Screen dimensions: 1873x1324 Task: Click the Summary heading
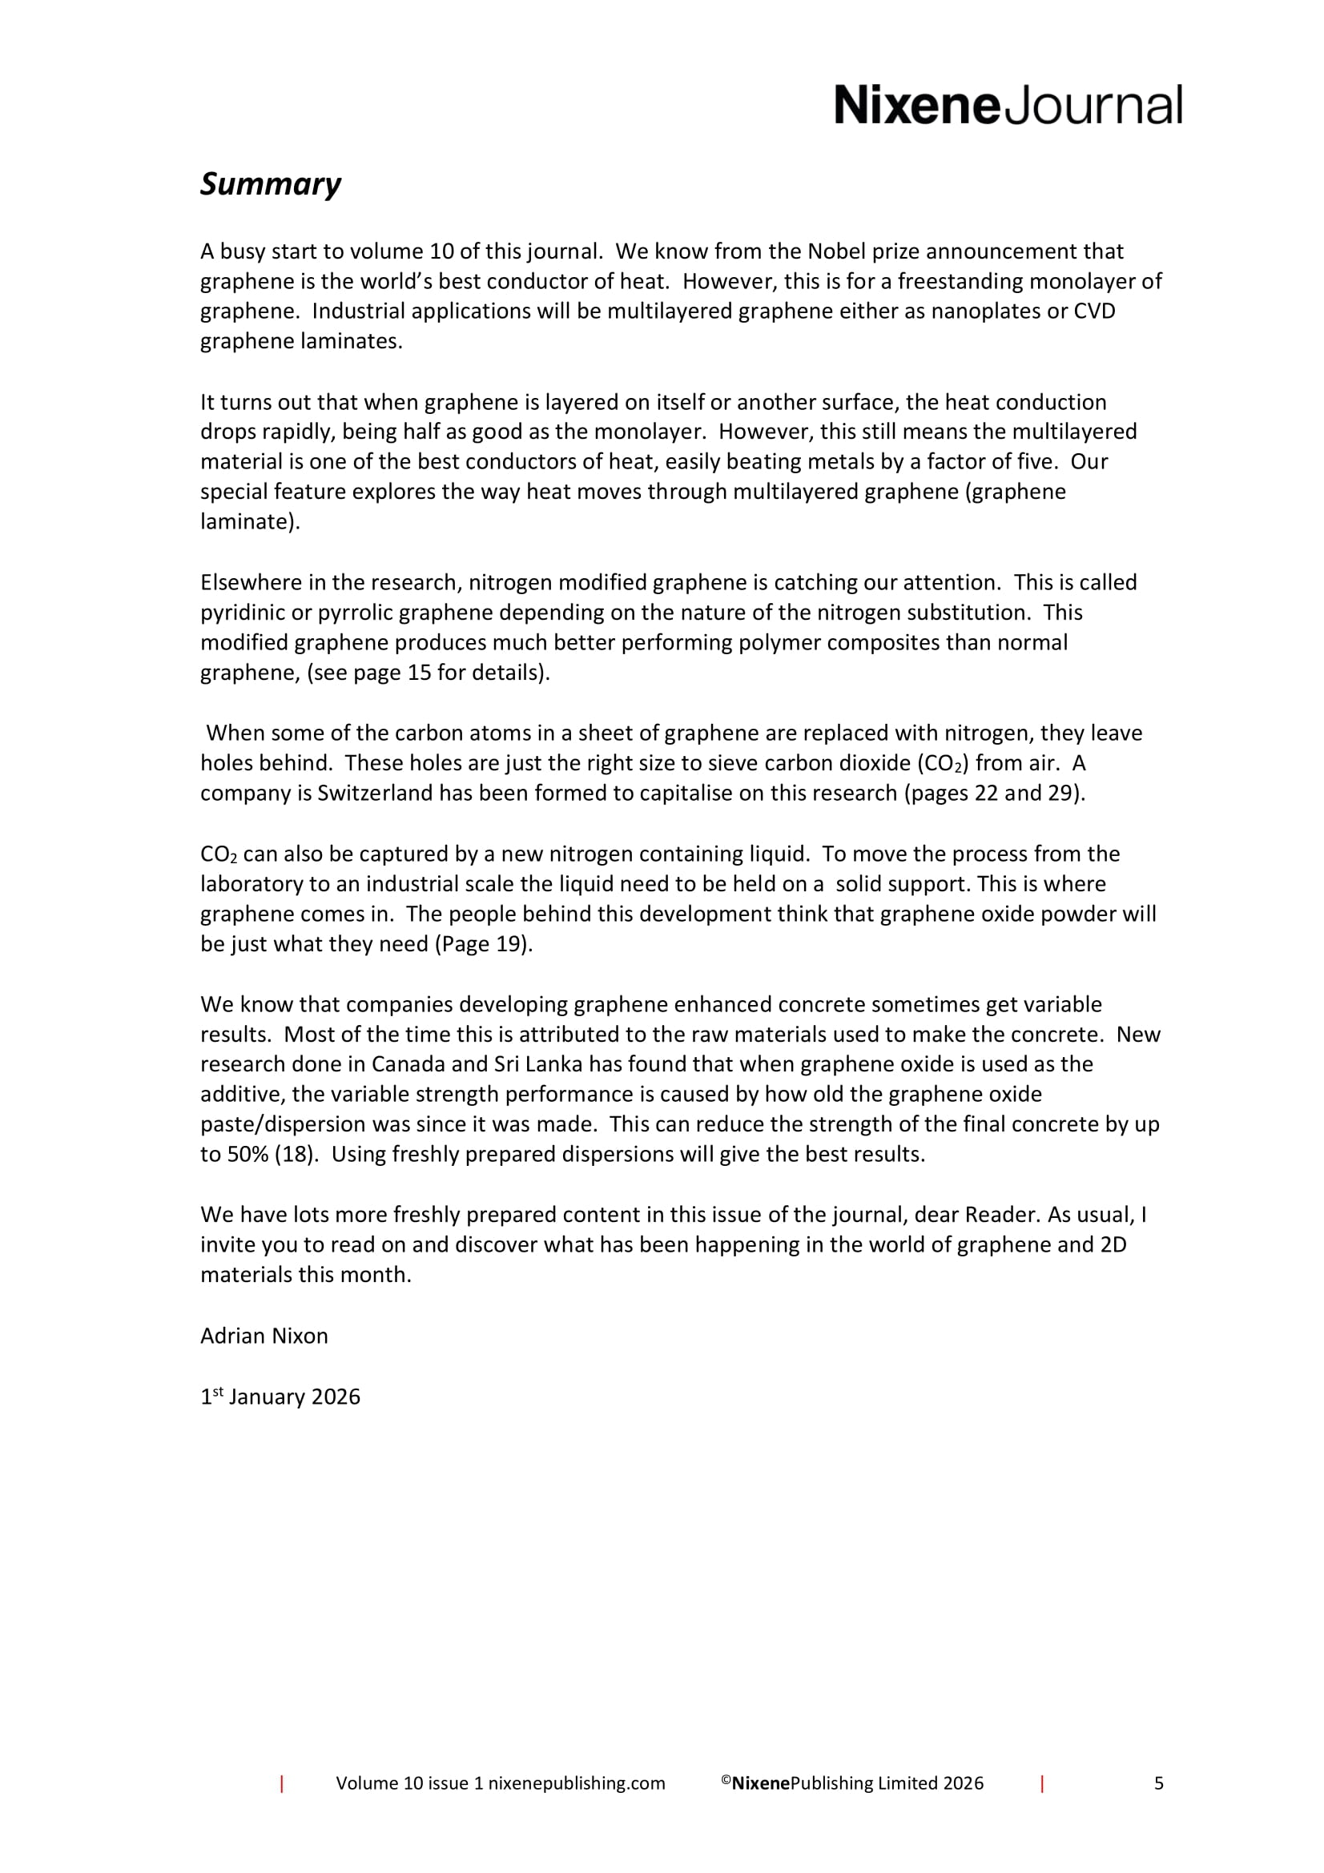(x=270, y=184)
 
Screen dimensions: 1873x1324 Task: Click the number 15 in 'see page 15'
(x=418, y=673)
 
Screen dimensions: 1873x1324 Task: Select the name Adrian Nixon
(x=264, y=1336)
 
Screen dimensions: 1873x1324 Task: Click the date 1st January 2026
(x=280, y=1397)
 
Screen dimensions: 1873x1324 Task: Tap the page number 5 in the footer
(x=1158, y=1783)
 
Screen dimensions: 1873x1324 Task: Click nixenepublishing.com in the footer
(x=577, y=1783)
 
